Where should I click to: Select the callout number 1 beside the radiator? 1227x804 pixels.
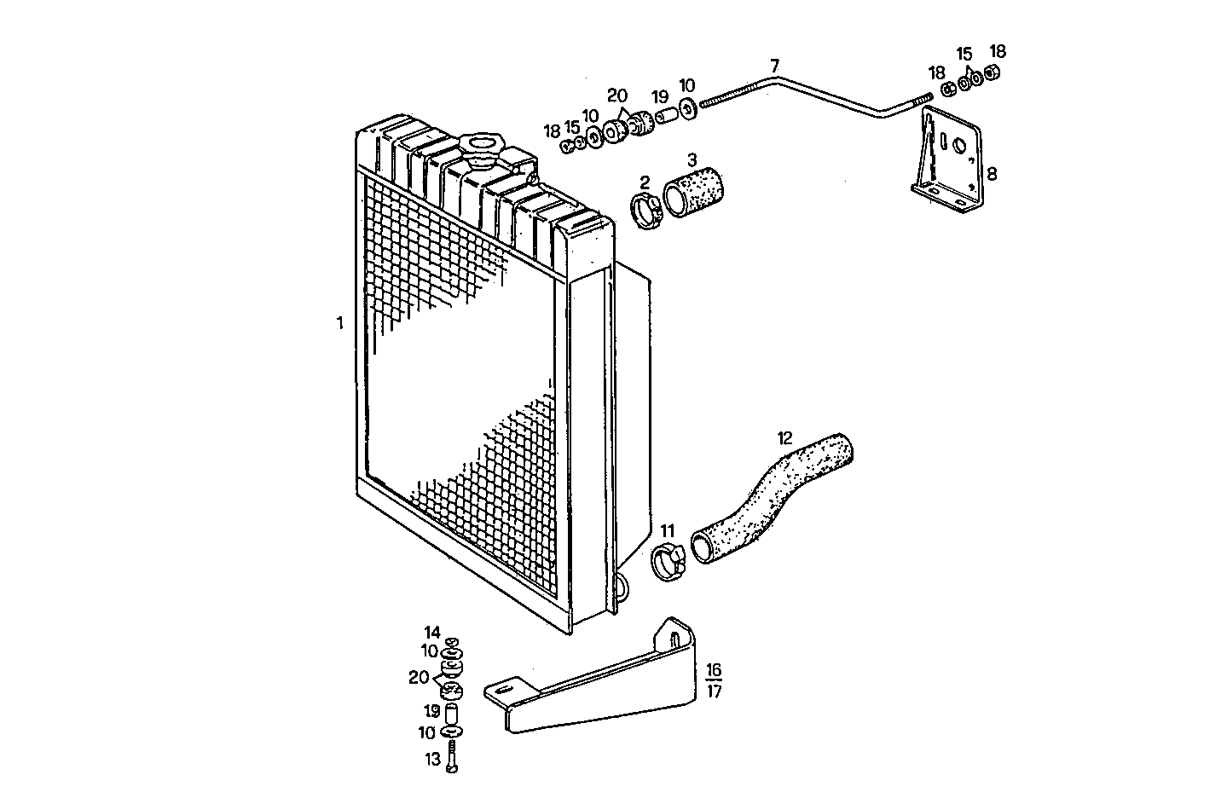click(339, 323)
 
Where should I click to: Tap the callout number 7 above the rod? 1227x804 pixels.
click(774, 66)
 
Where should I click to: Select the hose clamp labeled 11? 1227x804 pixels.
click(668, 562)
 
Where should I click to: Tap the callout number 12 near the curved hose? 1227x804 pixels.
click(784, 438)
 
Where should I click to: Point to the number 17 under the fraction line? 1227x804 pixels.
click(714, 691)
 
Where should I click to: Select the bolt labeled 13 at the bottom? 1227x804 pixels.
click(452, 757)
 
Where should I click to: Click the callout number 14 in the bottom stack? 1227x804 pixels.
click(432, 633)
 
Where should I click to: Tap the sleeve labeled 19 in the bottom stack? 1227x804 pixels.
click(453, 711)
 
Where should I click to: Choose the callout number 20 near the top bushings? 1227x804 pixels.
click(616, 95)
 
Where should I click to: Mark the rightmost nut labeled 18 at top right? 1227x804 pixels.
click(992, 73)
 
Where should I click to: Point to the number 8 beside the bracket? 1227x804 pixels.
click(992, 174)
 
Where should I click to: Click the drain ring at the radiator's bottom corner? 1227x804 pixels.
click(622, 587)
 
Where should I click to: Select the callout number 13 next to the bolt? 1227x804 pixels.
click(432, 758)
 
